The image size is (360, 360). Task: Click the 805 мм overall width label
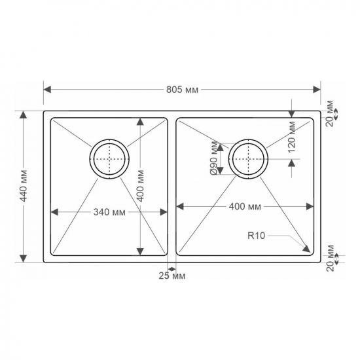[x=182, y=90]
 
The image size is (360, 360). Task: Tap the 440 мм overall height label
[x=24, y=186]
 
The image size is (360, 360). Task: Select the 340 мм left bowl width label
[x=109, y=212]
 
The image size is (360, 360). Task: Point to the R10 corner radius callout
[x=256, y=236]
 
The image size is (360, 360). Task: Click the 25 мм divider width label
[x=172, y=276]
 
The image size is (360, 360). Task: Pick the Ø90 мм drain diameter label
[x=214, y=158]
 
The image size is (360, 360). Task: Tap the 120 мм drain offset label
[x=291, y=137]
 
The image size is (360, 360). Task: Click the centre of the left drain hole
[x=109, y=159]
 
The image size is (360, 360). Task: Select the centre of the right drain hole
[x=248, y=159]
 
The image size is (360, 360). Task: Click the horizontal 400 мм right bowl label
[x=245, y=207]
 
